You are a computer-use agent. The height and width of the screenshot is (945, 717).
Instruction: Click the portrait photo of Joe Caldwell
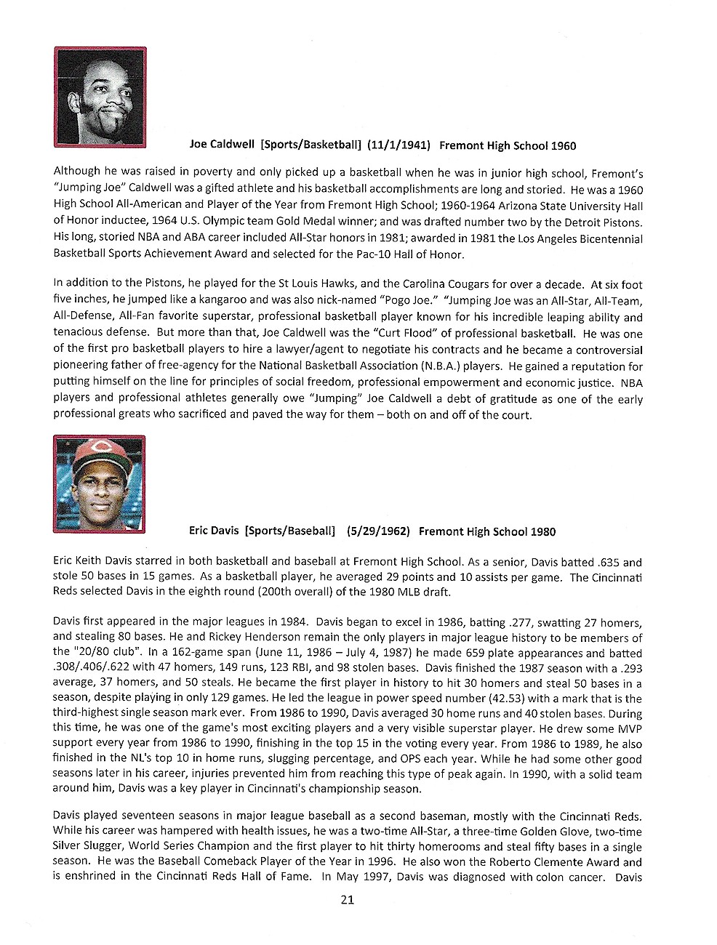tap(100, 97)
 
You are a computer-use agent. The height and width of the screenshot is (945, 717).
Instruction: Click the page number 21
tap(347, 900)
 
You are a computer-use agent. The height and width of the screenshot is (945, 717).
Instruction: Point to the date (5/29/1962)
tap(377, 531)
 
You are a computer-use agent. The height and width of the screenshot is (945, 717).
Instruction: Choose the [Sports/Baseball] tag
tap(290, 531)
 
